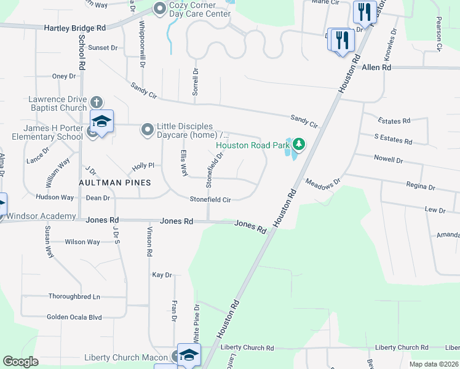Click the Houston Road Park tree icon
pos(299,145)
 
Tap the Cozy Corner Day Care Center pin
pos(160,9)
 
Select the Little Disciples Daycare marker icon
pos(148,130)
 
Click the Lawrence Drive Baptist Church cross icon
pos(96,101)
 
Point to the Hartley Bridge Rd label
pos(75,28)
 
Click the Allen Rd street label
pos(376,67)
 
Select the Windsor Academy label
pos(41,216)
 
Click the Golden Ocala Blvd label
pos(74,317)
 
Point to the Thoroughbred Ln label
pos(74,296)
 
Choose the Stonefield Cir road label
pos(210,200)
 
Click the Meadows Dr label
pos(323,183)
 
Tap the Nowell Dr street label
pos(389,160)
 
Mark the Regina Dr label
pos(421,186)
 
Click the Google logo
pos(20,362)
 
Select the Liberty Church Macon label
pos(126,357)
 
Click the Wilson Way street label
pos(82,242)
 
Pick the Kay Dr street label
pos(162,275)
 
